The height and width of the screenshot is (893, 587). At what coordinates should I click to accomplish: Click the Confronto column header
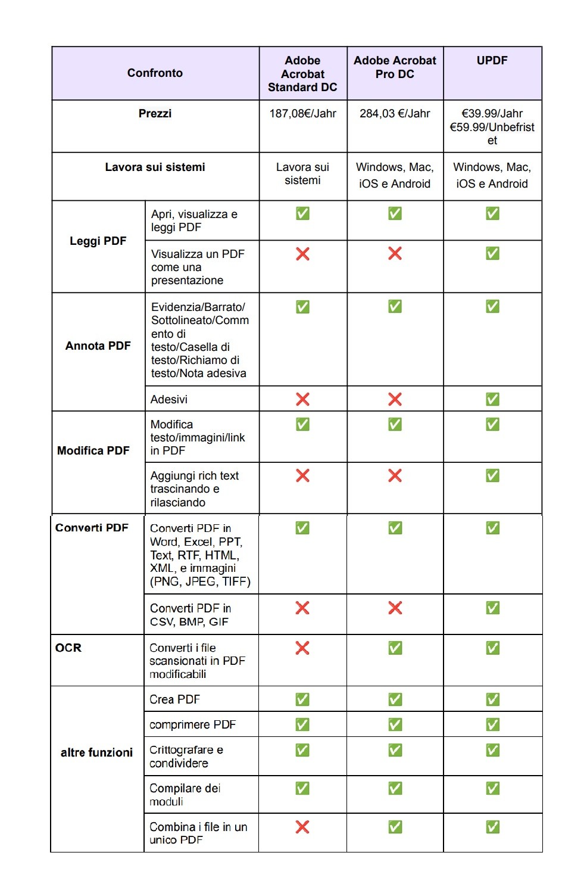(x=155, y=73)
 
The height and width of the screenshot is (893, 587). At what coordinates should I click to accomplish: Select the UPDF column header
(x=492, y=61)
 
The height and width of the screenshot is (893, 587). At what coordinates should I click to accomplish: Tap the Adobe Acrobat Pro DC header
(x=395, y=67)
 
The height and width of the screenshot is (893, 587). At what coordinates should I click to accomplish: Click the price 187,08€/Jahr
(x=302, y=114)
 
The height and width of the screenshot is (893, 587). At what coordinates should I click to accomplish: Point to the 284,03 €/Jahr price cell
(x=395, y=114)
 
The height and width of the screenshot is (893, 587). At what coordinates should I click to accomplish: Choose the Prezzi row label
(x=155, y=114)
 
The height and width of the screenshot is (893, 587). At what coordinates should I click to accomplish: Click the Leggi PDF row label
(x=98, y=241)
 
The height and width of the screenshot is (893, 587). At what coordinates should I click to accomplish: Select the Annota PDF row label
(x=98, y=346)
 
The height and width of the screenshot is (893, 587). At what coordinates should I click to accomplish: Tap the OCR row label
(x=68, y=648)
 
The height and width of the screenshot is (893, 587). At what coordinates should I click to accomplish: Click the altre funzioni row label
(x=96, y=753)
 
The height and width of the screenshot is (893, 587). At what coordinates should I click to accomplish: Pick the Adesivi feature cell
(x=169, y=400)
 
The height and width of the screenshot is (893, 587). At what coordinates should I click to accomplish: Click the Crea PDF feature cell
(x=174, y=699)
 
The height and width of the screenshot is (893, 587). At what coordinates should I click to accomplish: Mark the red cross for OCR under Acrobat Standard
(x=302, y=648)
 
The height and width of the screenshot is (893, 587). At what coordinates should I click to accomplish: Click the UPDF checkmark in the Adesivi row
(x=492, y=399)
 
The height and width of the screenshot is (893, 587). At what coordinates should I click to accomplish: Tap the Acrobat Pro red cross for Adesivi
(x=395, y=399)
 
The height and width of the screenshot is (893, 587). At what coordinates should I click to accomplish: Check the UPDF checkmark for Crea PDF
(x=492, y=699)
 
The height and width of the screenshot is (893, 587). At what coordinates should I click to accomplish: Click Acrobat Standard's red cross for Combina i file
(x=302, y=827)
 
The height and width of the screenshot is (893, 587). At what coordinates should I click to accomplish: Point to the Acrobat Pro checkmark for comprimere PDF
(x=395, y=724)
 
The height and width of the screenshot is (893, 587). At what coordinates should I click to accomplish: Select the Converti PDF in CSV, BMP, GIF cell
(x=190, y=615)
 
